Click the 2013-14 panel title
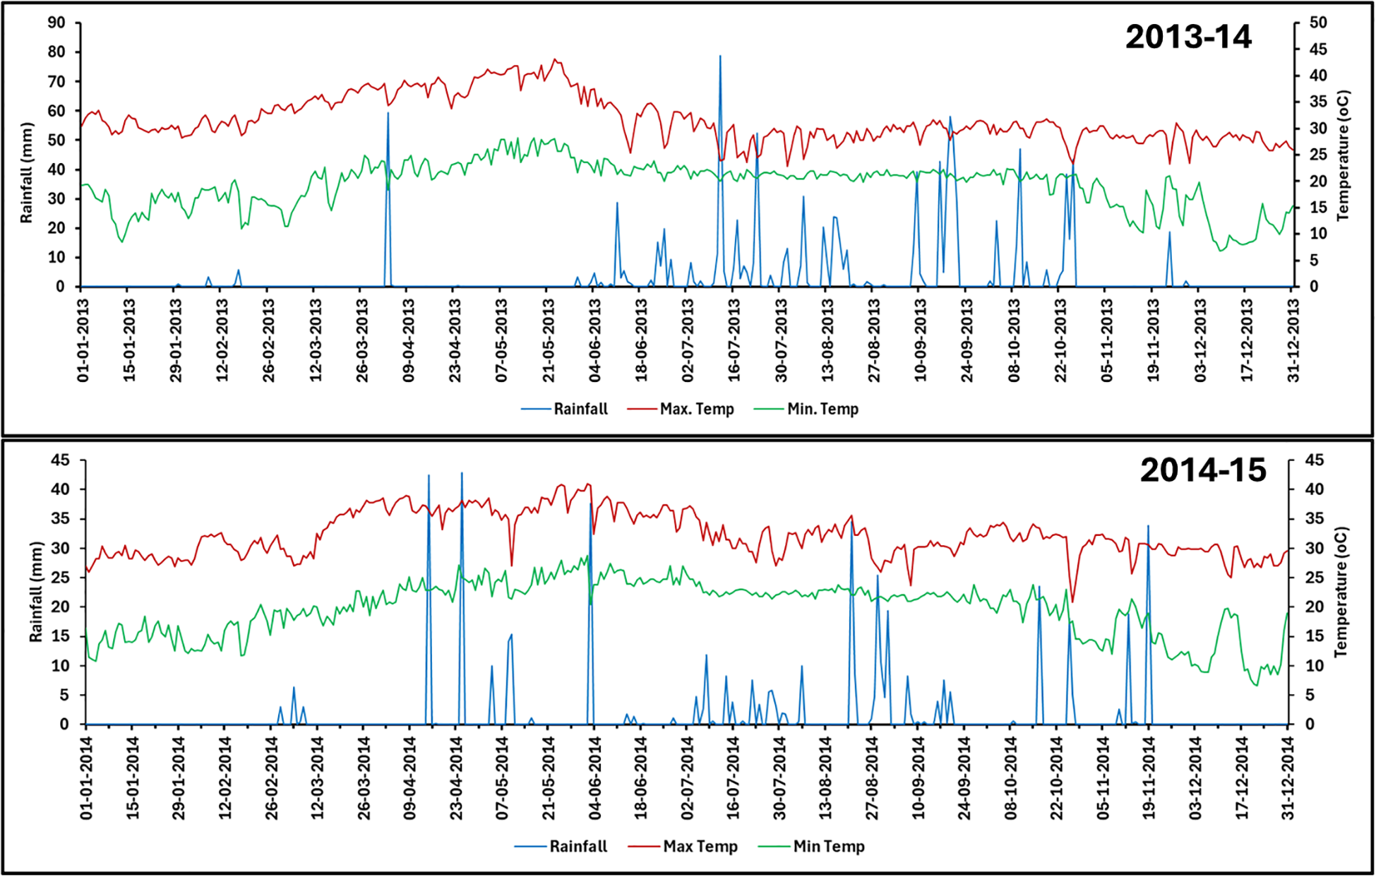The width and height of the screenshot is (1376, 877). tap(1187, 37)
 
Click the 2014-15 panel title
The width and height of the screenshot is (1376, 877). tap(1202, 470)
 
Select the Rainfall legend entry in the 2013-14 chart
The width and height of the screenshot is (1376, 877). tap(565, 409)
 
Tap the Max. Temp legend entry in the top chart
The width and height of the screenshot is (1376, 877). tap(681, 409)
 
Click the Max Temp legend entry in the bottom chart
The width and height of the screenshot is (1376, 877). tap(683, 846)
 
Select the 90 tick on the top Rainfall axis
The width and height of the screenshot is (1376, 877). tap(56, 23)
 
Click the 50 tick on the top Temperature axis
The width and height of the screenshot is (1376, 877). tap(1317, 23)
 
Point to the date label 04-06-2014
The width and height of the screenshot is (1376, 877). tap(595, 777)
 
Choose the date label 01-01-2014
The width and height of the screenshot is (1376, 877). tap(86, 777)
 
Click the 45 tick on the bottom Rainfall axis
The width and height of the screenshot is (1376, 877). tap(60, 460)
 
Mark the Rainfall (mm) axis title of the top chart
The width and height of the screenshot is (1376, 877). tap(27, 173)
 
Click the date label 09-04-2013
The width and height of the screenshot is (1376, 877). tap(409, 340)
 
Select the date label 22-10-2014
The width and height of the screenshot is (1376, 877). tap(1057, 777)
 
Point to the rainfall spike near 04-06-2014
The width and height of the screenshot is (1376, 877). tap(590, 506)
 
